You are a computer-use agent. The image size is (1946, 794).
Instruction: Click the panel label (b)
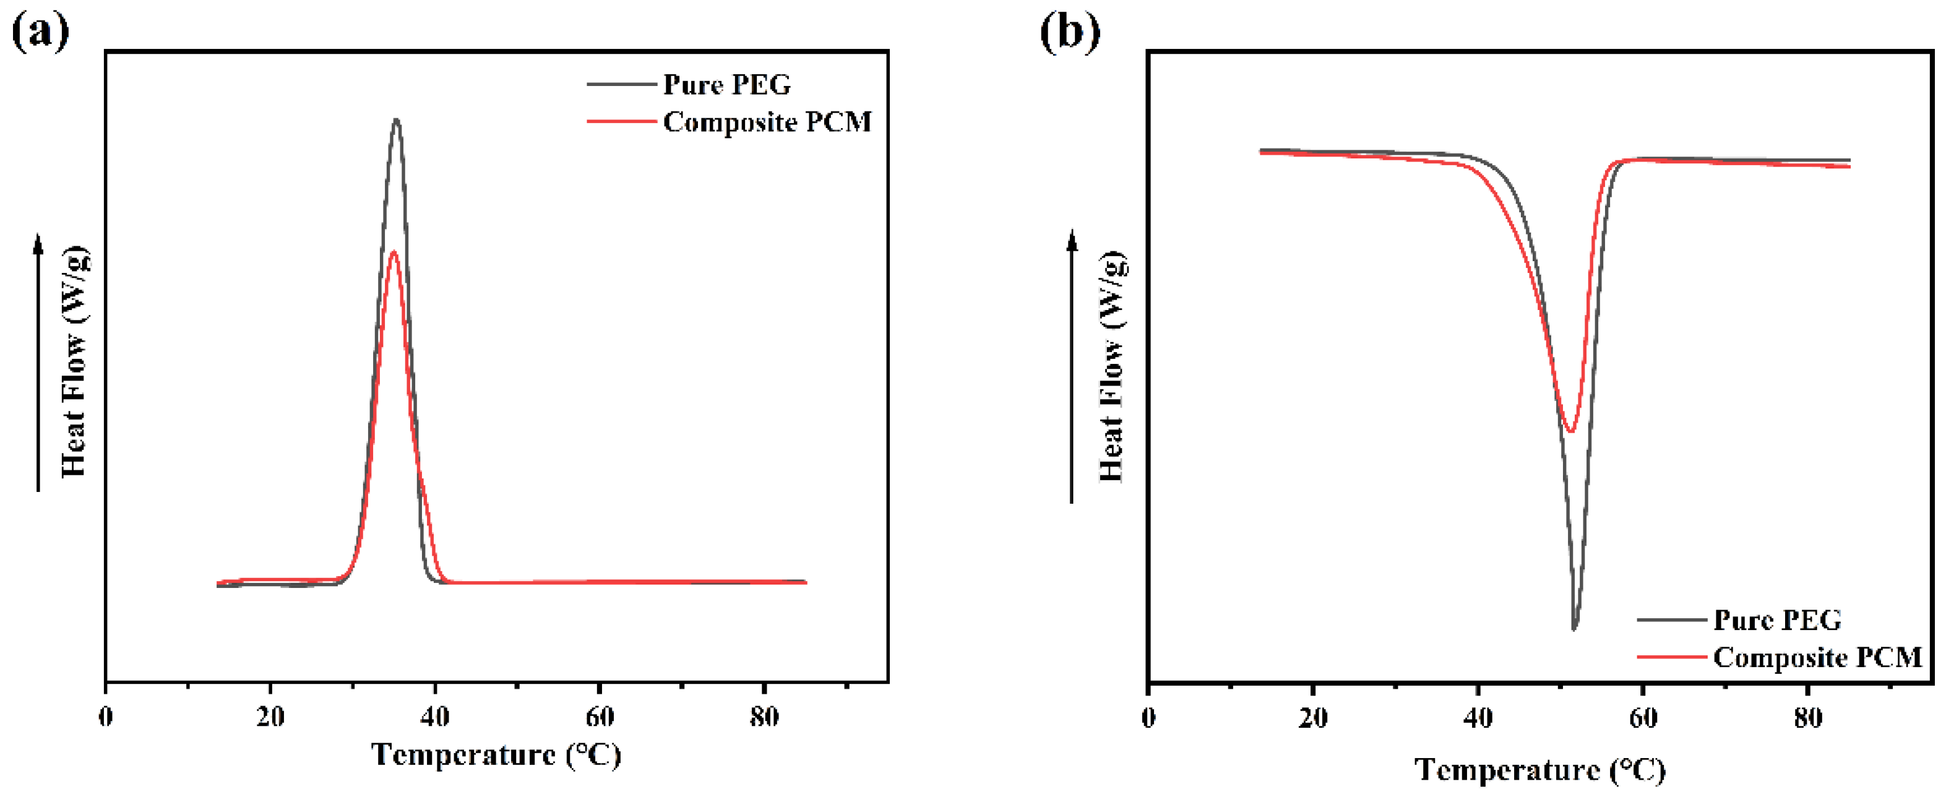tap(1070, 32)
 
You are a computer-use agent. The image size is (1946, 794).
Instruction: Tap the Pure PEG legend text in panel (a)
tap(726, 85)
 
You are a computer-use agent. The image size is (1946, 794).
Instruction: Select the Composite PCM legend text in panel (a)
tap(767, 123)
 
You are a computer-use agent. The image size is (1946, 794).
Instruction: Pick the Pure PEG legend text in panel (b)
tap(1777, 620)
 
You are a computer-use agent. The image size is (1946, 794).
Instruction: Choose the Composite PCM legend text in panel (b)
tap(1817, 658)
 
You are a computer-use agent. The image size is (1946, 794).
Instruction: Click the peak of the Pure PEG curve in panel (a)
tap(396, 119)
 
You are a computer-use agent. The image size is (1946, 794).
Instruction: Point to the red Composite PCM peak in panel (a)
tap(393, 252)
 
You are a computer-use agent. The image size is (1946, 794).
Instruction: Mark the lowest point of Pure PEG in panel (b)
tap(1574, 629)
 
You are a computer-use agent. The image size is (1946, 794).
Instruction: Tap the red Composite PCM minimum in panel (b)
tap(1571, 431)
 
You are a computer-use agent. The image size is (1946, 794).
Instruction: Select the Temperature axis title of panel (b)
tap(1539, 770)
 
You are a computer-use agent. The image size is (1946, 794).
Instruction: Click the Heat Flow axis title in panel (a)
tap(74, 361)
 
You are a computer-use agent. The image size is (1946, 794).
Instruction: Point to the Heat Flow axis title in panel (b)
tap(1111, 366)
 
